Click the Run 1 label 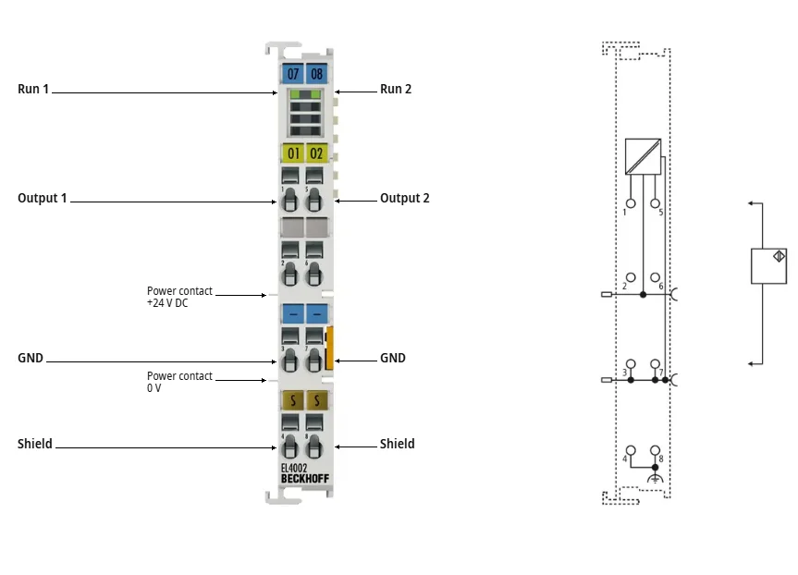(33, 89)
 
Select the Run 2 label (396, 89)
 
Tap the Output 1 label (43, 198)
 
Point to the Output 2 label (405, 198)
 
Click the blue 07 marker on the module (292, 74)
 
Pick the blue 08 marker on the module (316, 74)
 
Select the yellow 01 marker (292, 153)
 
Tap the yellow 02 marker (316, 153)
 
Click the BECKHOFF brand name (305, 478)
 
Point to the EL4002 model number (294, 468)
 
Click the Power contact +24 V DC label (179, 297)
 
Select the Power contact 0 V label (179, 382)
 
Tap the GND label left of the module (31, 359)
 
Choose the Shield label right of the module (397, 444)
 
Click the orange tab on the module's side (329, 349)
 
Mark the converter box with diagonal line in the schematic (643, 157)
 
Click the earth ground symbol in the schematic (655, 478)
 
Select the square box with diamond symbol (768, 265)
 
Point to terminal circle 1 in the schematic (631, 203)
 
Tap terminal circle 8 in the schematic (655, 450)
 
